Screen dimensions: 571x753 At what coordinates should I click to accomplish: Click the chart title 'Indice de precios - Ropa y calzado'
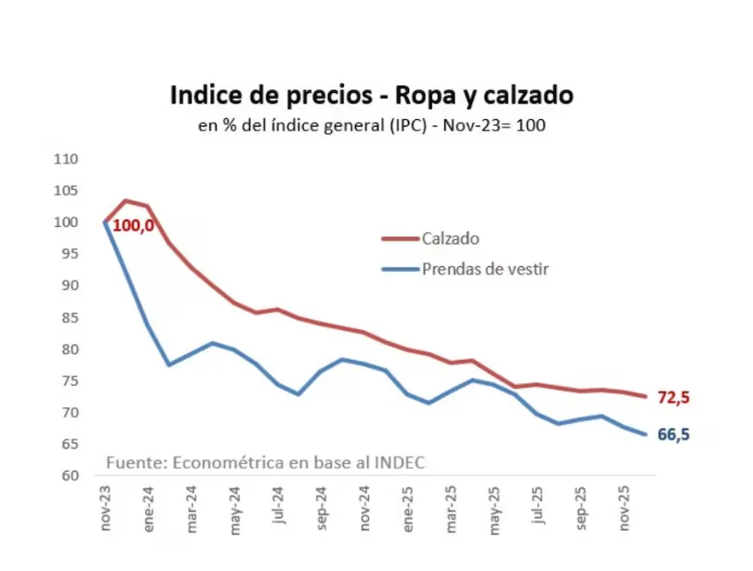[372, 96]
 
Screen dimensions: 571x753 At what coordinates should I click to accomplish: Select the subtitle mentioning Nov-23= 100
[372, 125]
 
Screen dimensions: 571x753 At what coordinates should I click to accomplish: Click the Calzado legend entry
[450, 238]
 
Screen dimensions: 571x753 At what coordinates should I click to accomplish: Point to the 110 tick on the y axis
[67, 159]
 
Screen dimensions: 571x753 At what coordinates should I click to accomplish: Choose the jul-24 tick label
[278, 508]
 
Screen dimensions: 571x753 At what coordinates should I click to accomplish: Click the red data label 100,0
[133, 225]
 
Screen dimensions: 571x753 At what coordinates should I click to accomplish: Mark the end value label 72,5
[673, 398]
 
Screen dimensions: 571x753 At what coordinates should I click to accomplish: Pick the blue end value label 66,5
[673, 434]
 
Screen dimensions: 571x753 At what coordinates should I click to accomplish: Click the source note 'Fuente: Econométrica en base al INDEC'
[266, 462]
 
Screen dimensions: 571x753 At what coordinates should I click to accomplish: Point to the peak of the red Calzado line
[126, 201]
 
